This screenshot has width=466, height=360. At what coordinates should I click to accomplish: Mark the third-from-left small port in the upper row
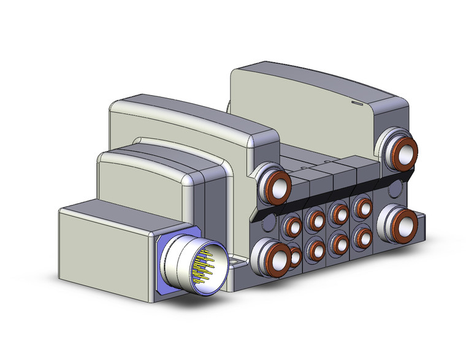(338, 213)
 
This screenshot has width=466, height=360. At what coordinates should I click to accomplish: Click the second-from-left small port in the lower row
(316, 250)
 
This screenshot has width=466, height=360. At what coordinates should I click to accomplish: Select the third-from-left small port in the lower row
(338, 243)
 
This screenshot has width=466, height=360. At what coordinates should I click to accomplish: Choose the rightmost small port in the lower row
(362, 237)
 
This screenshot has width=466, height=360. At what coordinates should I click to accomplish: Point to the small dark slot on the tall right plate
(357, 105)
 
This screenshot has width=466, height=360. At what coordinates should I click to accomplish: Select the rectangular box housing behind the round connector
(104, 245)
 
